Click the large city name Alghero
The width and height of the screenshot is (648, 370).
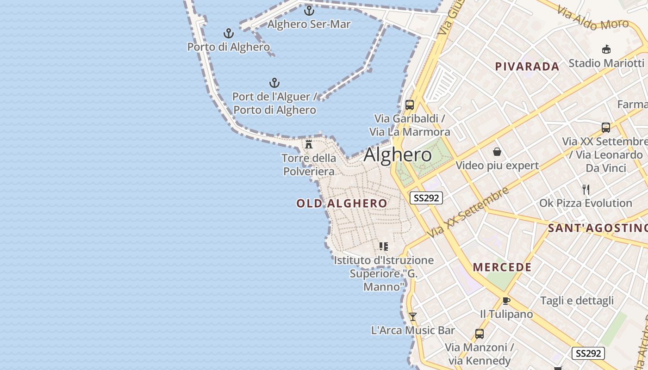coord(398,154)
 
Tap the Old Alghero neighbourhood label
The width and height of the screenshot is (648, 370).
coord(342,203)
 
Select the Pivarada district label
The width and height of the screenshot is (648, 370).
coord(527,67)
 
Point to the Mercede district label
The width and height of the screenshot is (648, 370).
coord(502,267)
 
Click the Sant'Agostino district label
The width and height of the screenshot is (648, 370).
coord(597,228)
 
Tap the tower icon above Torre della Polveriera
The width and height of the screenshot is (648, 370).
coord(309,144)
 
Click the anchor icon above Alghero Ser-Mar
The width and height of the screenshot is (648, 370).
coord(309,10)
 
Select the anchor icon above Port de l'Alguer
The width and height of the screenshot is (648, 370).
coord(274,83)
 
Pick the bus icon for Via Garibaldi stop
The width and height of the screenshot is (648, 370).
coord(409,105)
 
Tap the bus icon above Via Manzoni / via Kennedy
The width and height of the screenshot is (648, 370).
coord(480,333)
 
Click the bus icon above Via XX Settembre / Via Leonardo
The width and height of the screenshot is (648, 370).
coord(605,127)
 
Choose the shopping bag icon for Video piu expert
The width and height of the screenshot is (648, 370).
coord(497,151)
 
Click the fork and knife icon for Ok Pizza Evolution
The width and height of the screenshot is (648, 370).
coord(586,189)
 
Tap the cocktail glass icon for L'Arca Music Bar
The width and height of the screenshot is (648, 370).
coord(413,317)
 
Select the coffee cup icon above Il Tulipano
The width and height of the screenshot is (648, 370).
coord(506,301)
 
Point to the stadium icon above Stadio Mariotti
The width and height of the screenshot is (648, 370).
coord(606,49)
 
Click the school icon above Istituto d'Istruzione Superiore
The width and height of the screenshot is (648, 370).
coord(383,246)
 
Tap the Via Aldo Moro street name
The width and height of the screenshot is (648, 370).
coord(592,18)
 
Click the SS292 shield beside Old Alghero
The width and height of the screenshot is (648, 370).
coord(426,198)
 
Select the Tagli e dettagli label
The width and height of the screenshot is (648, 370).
coord(577,301)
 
